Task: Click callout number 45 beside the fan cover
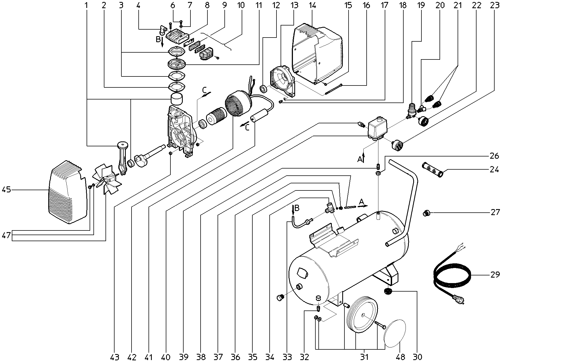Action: click(6, 189)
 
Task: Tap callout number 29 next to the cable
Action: click(495, 275)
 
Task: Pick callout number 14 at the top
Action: click(312, 5)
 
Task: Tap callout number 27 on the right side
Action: click(495, 212)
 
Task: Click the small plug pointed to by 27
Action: click(426, 213)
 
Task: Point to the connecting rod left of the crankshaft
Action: click(122, 159)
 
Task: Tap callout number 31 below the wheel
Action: click(364, 357)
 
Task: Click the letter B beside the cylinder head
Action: click(158, 39)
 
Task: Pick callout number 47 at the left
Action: click(6, 235)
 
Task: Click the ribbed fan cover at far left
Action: click(67, 192)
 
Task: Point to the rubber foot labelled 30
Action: click(388, 291)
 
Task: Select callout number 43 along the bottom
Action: click(115, 357)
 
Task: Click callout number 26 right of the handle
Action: click(495, 156)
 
